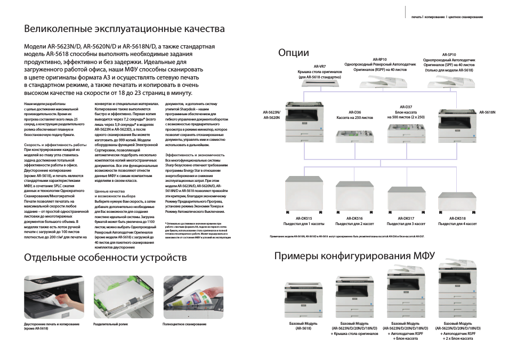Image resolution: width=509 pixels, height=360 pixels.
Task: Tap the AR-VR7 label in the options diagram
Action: tap(319, 66)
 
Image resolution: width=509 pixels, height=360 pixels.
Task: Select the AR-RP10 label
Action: tap(379, 59)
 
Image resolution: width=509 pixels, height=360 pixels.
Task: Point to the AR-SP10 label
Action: tap(449, 54)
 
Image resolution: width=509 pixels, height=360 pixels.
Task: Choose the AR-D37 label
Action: tap(406, 107)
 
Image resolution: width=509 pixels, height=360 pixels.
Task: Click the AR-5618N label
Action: tap(487, 113)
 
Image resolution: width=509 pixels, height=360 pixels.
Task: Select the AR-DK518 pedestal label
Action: tap(457, 218)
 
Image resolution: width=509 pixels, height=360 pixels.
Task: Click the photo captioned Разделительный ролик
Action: tap(123, 297)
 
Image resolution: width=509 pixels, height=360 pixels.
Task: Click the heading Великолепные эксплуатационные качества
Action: tap(124, 28)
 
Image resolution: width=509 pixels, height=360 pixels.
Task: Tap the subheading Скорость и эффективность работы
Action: tap(55, 145)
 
